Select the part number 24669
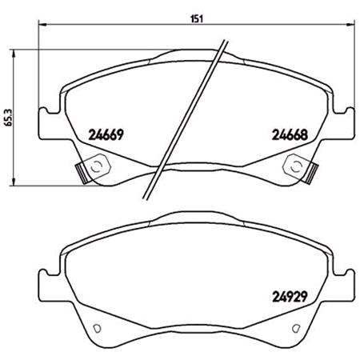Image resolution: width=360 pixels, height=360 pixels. pos(106,135)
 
